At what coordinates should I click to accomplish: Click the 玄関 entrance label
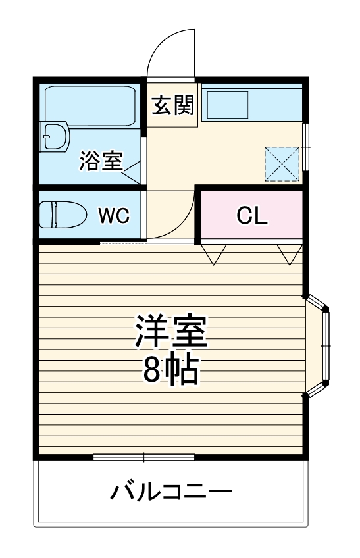pyautogui.click(x=172, y=106)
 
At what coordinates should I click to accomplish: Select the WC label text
pyautogui.click(x=114, y=215)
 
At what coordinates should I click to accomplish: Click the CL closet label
pyautogui.click(x=252, y=215)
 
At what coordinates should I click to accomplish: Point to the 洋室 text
pyautogui.click(x=171, y=332)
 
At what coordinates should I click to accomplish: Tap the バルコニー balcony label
pyautogui.click(x=170, y=492)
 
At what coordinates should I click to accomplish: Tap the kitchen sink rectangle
pyautogui.click(x=228, y=105)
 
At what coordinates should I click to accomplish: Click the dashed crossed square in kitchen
pyautogui.click(x=282, y=162)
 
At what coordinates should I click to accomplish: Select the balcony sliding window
pyautogui.click(x=143, y=457)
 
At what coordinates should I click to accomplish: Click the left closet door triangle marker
pyautogui.click(x=215, y=254)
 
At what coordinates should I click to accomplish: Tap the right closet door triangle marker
pyautogui.click(x=289, y=254)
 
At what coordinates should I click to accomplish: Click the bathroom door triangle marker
pyautogui.click(x=132, y=172)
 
